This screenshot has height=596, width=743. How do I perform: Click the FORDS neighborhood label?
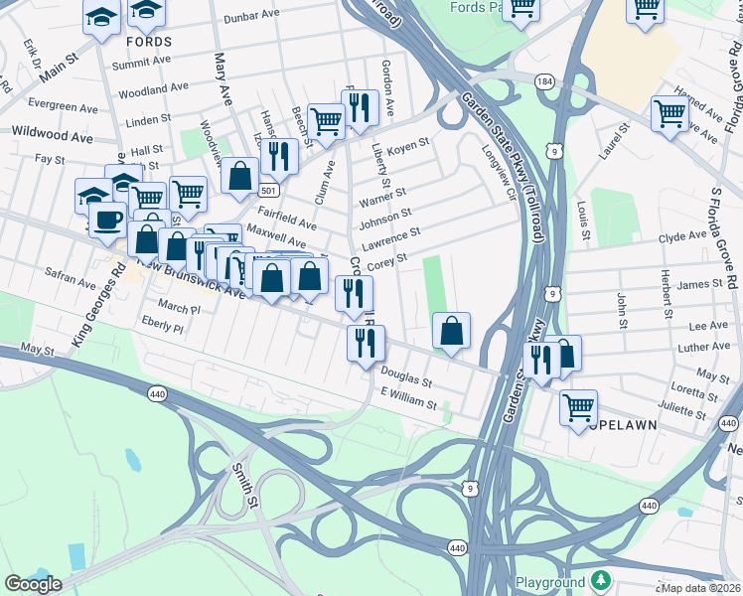[149, 42]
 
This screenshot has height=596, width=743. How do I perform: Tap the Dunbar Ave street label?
[252, 17]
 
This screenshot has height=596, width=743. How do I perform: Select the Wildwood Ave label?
[41, 133]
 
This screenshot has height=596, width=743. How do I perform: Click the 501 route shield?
[267, 190]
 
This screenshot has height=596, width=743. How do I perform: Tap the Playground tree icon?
[600, 580]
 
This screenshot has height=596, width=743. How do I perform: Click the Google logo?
[33, 584]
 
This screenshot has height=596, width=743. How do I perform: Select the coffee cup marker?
[107, 220]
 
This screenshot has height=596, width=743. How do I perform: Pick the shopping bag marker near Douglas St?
[451, 331]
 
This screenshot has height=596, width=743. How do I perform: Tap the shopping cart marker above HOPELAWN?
[578, 406]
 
